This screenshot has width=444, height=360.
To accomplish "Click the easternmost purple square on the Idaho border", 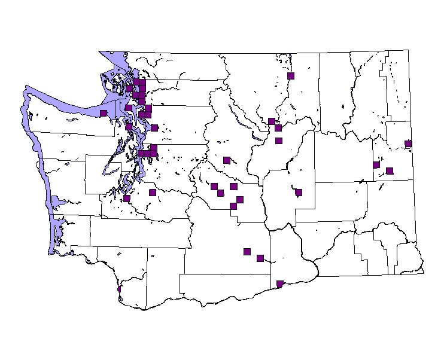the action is (x=408, y=144).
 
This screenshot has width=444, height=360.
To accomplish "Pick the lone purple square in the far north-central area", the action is (x=291, y=76).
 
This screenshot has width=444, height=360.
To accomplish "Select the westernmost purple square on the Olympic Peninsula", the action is (x=104, y=113).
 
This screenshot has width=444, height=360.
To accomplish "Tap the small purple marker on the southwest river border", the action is (x=120, y=288).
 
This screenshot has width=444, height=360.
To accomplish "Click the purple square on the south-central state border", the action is (x=280, y=283).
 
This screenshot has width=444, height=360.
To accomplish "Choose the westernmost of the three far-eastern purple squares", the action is (x=376, y=164).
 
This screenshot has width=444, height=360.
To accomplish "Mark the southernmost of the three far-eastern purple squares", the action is (x=390, y=170).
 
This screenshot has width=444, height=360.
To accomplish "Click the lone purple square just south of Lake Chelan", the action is (x=227, y=160).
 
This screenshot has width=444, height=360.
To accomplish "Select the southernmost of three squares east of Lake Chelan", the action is (x=278, y=141).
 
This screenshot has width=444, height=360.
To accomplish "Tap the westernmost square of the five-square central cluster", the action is (x=214, y=187).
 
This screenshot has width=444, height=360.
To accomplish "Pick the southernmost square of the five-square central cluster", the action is (x=233, y=206).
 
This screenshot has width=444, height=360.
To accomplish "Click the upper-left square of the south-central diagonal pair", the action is (x=247, y=251).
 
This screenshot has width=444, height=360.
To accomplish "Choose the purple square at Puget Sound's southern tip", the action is (x=127, y=198).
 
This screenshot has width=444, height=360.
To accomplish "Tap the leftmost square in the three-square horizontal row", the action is (x=142, y=153).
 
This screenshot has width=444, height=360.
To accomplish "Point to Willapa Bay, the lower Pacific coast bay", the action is (x=57, y=230).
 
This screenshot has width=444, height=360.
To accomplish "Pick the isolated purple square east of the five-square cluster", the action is (x=299, y=193).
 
